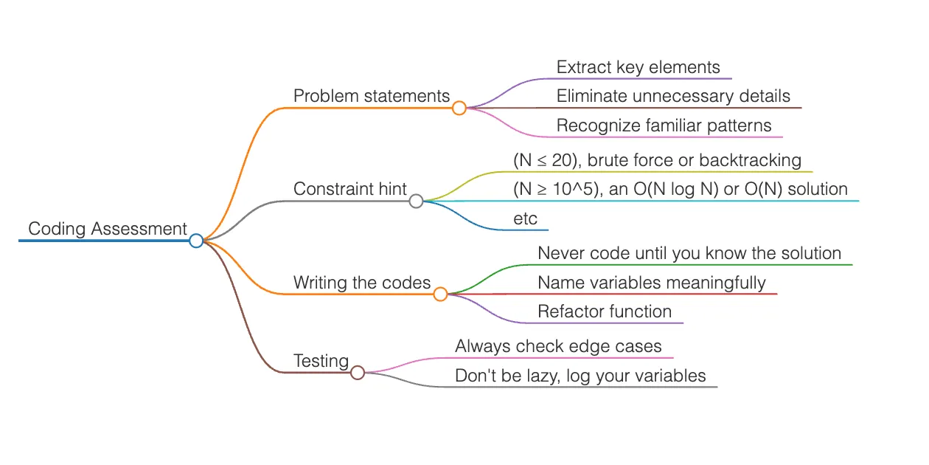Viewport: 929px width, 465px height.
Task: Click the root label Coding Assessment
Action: [108, 229]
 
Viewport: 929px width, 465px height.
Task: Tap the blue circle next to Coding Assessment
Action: [195, 241]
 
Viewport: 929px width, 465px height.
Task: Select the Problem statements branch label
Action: [372, 96]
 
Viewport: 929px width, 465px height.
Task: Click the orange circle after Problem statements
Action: [459, 108]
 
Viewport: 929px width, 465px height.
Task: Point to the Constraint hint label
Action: [349, 189]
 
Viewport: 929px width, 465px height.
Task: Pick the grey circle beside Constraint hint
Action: [416, 201]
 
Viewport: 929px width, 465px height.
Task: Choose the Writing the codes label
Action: [362, 282]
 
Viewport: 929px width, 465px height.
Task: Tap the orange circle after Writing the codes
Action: [440, 294]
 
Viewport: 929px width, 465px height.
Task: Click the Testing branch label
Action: [321, 361]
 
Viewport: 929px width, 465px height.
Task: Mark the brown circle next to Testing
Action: [358, 373]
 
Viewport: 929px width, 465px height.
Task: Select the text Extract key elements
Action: [638, 67]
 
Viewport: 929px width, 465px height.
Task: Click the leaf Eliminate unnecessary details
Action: [673, 96]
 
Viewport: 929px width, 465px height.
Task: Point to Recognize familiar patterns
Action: [664, 125]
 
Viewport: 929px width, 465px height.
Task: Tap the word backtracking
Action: [749, 160]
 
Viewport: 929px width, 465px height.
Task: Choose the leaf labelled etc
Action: [525, 218]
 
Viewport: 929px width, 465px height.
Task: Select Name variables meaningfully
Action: [652, 282]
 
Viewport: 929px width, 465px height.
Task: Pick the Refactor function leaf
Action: [605, 311]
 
